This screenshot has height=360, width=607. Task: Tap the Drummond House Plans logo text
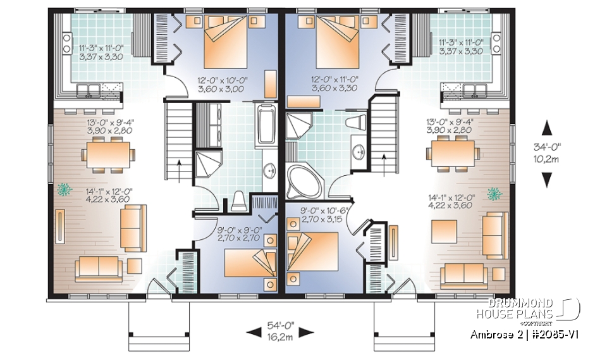(522, 308)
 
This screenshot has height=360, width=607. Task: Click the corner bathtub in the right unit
(303, 182)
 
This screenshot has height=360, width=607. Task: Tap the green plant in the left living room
(63, 189)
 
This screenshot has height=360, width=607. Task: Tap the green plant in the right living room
(496, 192)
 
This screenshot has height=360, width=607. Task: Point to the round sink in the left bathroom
(269, 170)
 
